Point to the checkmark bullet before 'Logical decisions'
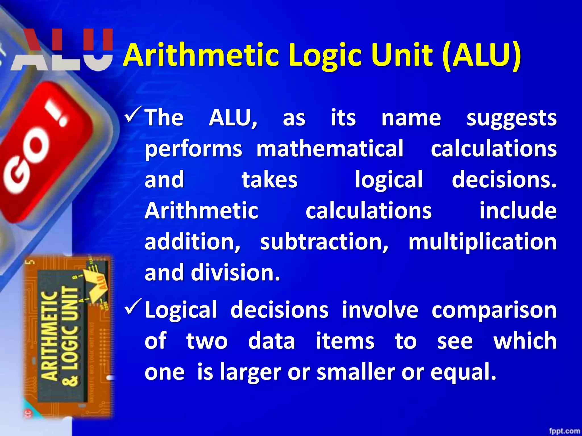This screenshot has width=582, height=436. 133,307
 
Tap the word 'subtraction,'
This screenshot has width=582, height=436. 324,242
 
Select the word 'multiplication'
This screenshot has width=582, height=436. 483,242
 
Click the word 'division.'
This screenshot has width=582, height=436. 236,272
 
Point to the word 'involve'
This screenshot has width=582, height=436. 380,310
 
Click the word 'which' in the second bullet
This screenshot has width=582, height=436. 525,341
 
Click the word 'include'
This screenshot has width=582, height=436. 518,211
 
